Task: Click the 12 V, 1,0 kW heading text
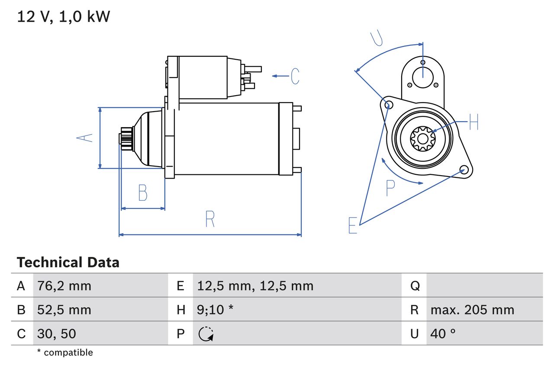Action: pos(64,17)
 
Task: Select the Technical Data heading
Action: pos(68,262)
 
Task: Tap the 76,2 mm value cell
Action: pos(64,286)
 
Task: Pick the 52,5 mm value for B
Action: pos(64,310)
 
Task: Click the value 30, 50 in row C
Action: pos(57,334)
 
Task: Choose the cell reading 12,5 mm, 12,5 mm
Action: pos(255,286)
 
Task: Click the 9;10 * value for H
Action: pos(216,310)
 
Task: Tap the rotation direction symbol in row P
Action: pos(206,334)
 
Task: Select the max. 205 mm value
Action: pos(472,310)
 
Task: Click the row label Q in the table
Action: pos(415,286)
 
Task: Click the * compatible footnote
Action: pos(65,353)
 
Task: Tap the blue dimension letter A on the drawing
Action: pos(85,138)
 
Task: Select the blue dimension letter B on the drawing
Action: pos(142,193)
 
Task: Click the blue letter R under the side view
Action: pos(210,219)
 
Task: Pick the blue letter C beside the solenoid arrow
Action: pos(295,76)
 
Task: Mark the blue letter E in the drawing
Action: pos(353,225)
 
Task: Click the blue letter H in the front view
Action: pos(474,122)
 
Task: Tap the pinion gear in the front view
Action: pos(422,138)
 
